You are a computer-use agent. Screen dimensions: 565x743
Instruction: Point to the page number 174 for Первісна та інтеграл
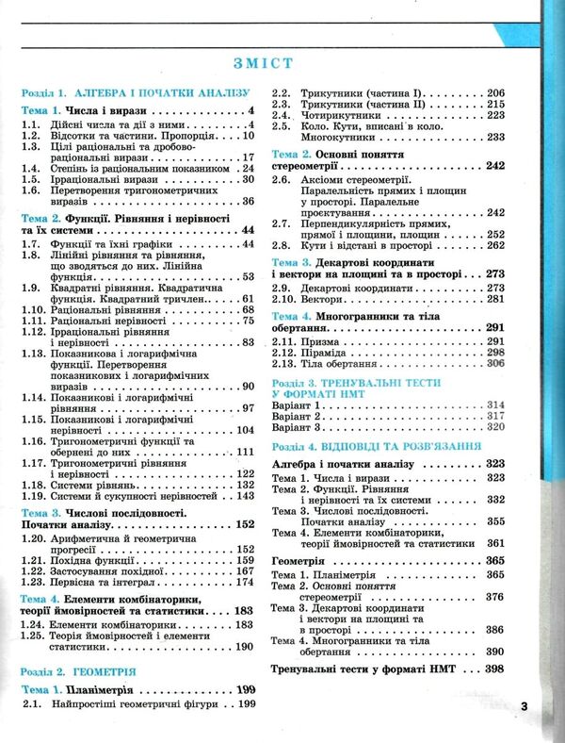coord(243,583)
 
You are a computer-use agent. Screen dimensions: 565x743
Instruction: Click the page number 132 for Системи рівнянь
coord(243,484)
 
